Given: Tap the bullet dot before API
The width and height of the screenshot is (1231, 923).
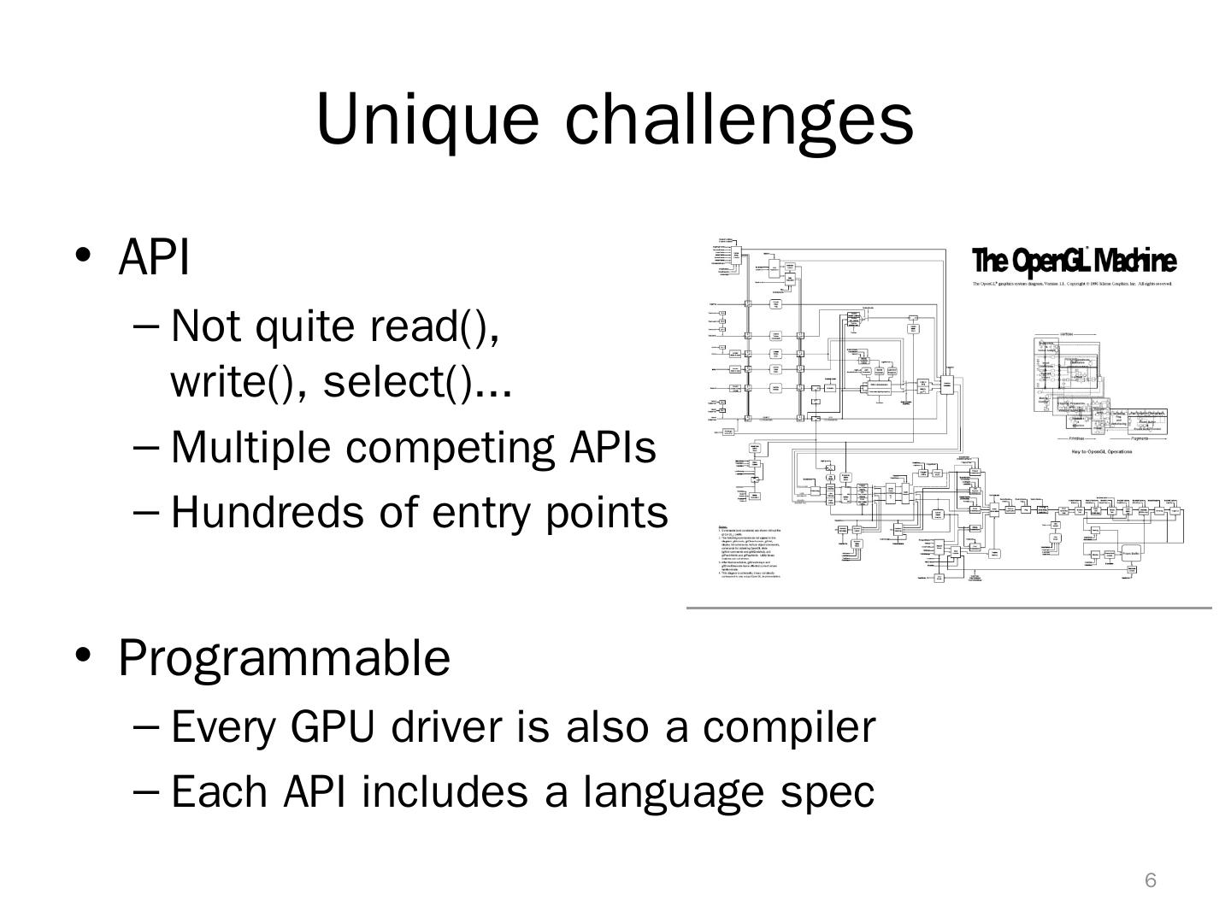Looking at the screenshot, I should [x=83, y=255].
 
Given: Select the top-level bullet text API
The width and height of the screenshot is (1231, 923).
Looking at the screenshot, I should [x=154, y=256].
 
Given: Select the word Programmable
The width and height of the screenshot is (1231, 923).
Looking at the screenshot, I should [x=284, y=657].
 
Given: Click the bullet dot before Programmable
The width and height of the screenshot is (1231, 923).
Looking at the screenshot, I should [x=83, y=656].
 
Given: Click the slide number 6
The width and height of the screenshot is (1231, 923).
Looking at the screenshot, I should [x=1151, y=881].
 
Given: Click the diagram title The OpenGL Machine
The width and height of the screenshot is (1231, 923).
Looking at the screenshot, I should [x=1074, y=261].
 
